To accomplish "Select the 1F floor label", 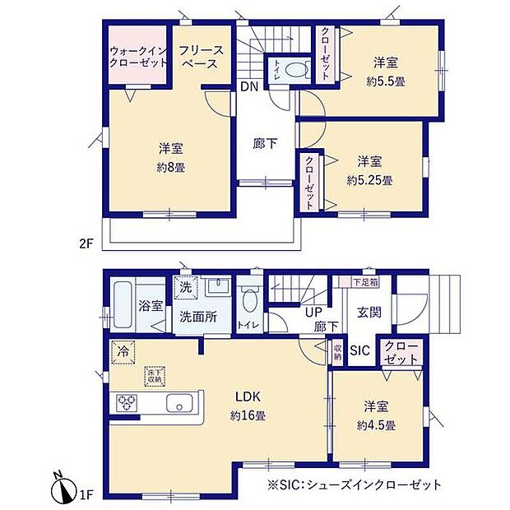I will [x=87, y=494].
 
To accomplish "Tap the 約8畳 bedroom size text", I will [x=171, y=167].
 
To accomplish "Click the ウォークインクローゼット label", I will [x=138, y=57].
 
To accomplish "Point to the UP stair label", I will [x=313, y=313].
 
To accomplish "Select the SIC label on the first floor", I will [x=360, y=350].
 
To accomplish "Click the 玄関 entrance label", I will [x=368, y=313].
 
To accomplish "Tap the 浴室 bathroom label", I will [x=151, y=305].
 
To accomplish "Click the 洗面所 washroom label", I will [x=200, y=317].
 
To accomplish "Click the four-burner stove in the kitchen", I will [x=129, y=403].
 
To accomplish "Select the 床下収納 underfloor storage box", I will [x=153, y=375].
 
